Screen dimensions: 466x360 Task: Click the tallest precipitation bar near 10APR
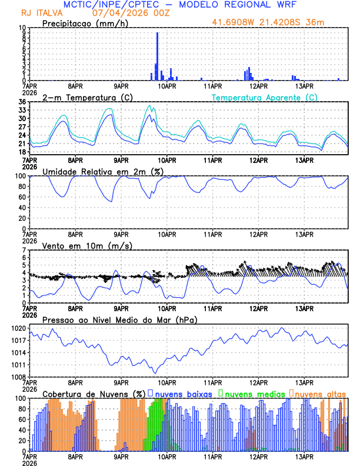(x=157, y=56)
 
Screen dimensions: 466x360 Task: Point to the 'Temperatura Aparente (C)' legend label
(x=264, y=97)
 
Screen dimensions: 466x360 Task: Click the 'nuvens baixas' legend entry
(x=184, y=393)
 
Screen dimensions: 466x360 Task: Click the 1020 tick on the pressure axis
(x=19, y=328)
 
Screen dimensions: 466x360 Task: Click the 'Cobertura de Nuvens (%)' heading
(x=94, y=393)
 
